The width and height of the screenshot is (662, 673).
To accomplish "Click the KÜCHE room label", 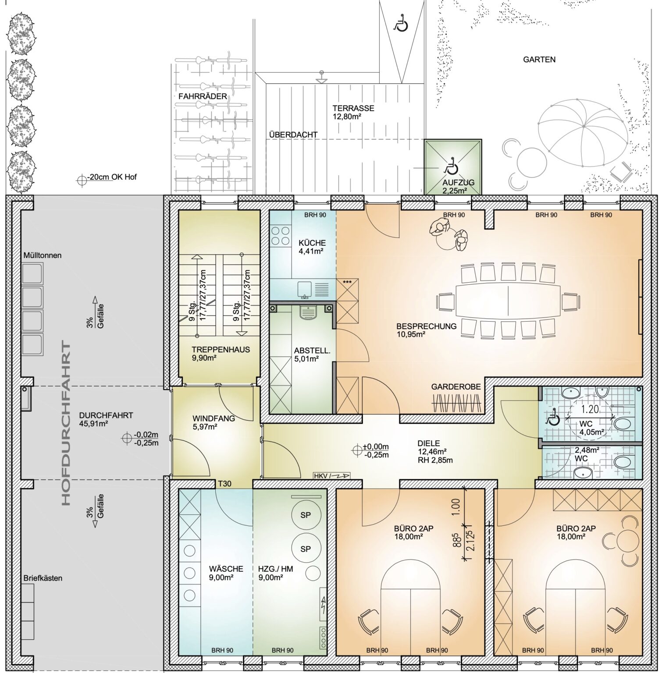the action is [x=312, y=243].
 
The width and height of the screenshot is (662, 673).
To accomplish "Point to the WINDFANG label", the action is [x=214, y=418].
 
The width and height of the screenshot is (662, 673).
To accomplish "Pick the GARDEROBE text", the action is [x=456, y=387].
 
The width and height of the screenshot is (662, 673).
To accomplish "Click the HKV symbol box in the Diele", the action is [x=331, y=475].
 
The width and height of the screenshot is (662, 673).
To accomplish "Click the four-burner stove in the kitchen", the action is [x=281, y=236].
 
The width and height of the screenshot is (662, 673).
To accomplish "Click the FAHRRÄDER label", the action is [x=203, y=96].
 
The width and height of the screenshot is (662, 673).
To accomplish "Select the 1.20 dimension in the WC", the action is [x=590, y=410].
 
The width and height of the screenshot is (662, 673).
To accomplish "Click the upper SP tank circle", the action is [x=305, y=515].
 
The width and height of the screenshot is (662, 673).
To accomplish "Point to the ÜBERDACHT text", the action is [x=293, y=135].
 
